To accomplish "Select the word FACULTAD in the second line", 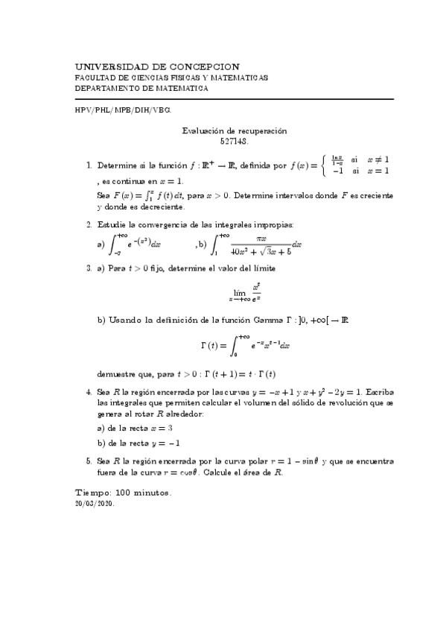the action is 96,78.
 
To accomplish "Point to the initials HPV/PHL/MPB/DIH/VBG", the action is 124,110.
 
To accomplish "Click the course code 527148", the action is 235,140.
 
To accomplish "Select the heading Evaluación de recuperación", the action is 235,130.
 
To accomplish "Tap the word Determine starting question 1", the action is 119,159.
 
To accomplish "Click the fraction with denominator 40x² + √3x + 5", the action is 260,244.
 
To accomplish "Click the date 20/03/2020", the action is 95,504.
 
